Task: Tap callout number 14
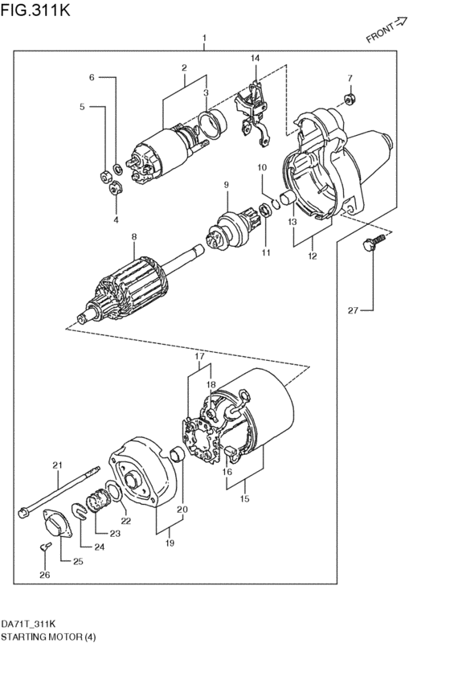(x=255, y=59)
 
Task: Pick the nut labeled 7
(x=350, y=99)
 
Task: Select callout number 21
(x=57, y=465)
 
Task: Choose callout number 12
(x=312, y=256)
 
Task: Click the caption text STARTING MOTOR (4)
(x=49, y=637)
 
